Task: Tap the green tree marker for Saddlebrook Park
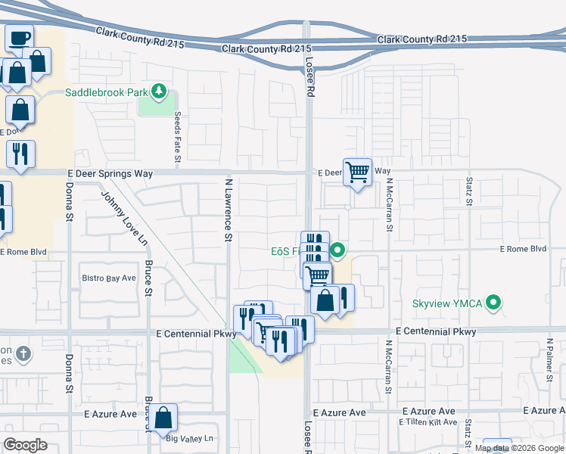coord(159,92)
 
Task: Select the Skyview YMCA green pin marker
coord(493,303)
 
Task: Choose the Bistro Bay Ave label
coord(108,278)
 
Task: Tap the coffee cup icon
coord(20,38)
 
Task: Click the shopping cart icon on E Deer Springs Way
coord(357,173)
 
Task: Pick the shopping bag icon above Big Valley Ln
coord(163,417)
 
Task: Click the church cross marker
coord(23,353)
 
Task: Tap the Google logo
coord(26,444)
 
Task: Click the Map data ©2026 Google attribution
coord(519,448)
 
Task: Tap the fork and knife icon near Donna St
coord(20,154)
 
